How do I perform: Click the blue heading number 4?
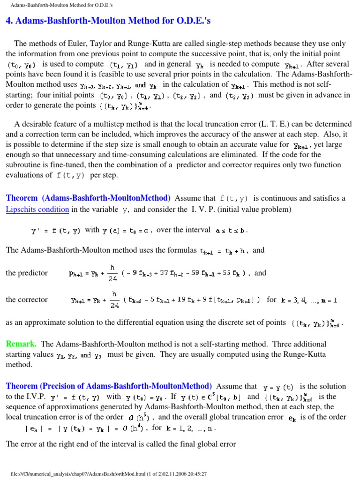click(x=8, y=21)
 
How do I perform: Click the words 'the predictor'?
click(x=27, y=273)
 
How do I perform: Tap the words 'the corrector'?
click(x=27, y=300)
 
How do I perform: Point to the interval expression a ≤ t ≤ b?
click(x=231, y=230)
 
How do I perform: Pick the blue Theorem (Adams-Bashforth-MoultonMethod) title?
click(x=88, y=198)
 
